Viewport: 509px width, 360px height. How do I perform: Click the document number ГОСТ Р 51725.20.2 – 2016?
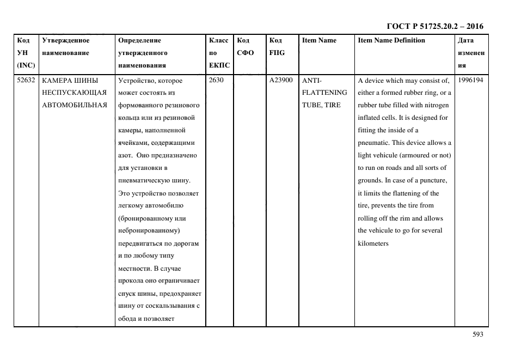pos(434,26)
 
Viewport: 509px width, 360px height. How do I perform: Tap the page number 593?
pos(477,334)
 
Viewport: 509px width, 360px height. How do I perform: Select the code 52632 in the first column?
pos(26,80)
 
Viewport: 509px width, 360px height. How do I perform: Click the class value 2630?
pos(216,80)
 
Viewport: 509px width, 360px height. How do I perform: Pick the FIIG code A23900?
pos(281,80)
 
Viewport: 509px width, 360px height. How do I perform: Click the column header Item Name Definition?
pos(391,40)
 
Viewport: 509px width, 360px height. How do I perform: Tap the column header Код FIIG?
pos(277,46)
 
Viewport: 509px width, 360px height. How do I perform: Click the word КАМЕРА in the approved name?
pos(56,80)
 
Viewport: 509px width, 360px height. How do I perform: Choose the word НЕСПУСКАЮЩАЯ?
pos(73,93)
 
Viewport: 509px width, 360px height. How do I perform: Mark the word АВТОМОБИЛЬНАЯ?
pos(74,105)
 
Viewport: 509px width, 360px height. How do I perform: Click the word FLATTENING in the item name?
pos(324,93)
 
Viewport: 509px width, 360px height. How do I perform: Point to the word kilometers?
pos(373,243)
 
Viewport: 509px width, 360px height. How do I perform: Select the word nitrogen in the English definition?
pos(436,105)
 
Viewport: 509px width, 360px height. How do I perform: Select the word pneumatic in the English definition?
pos(373,143)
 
